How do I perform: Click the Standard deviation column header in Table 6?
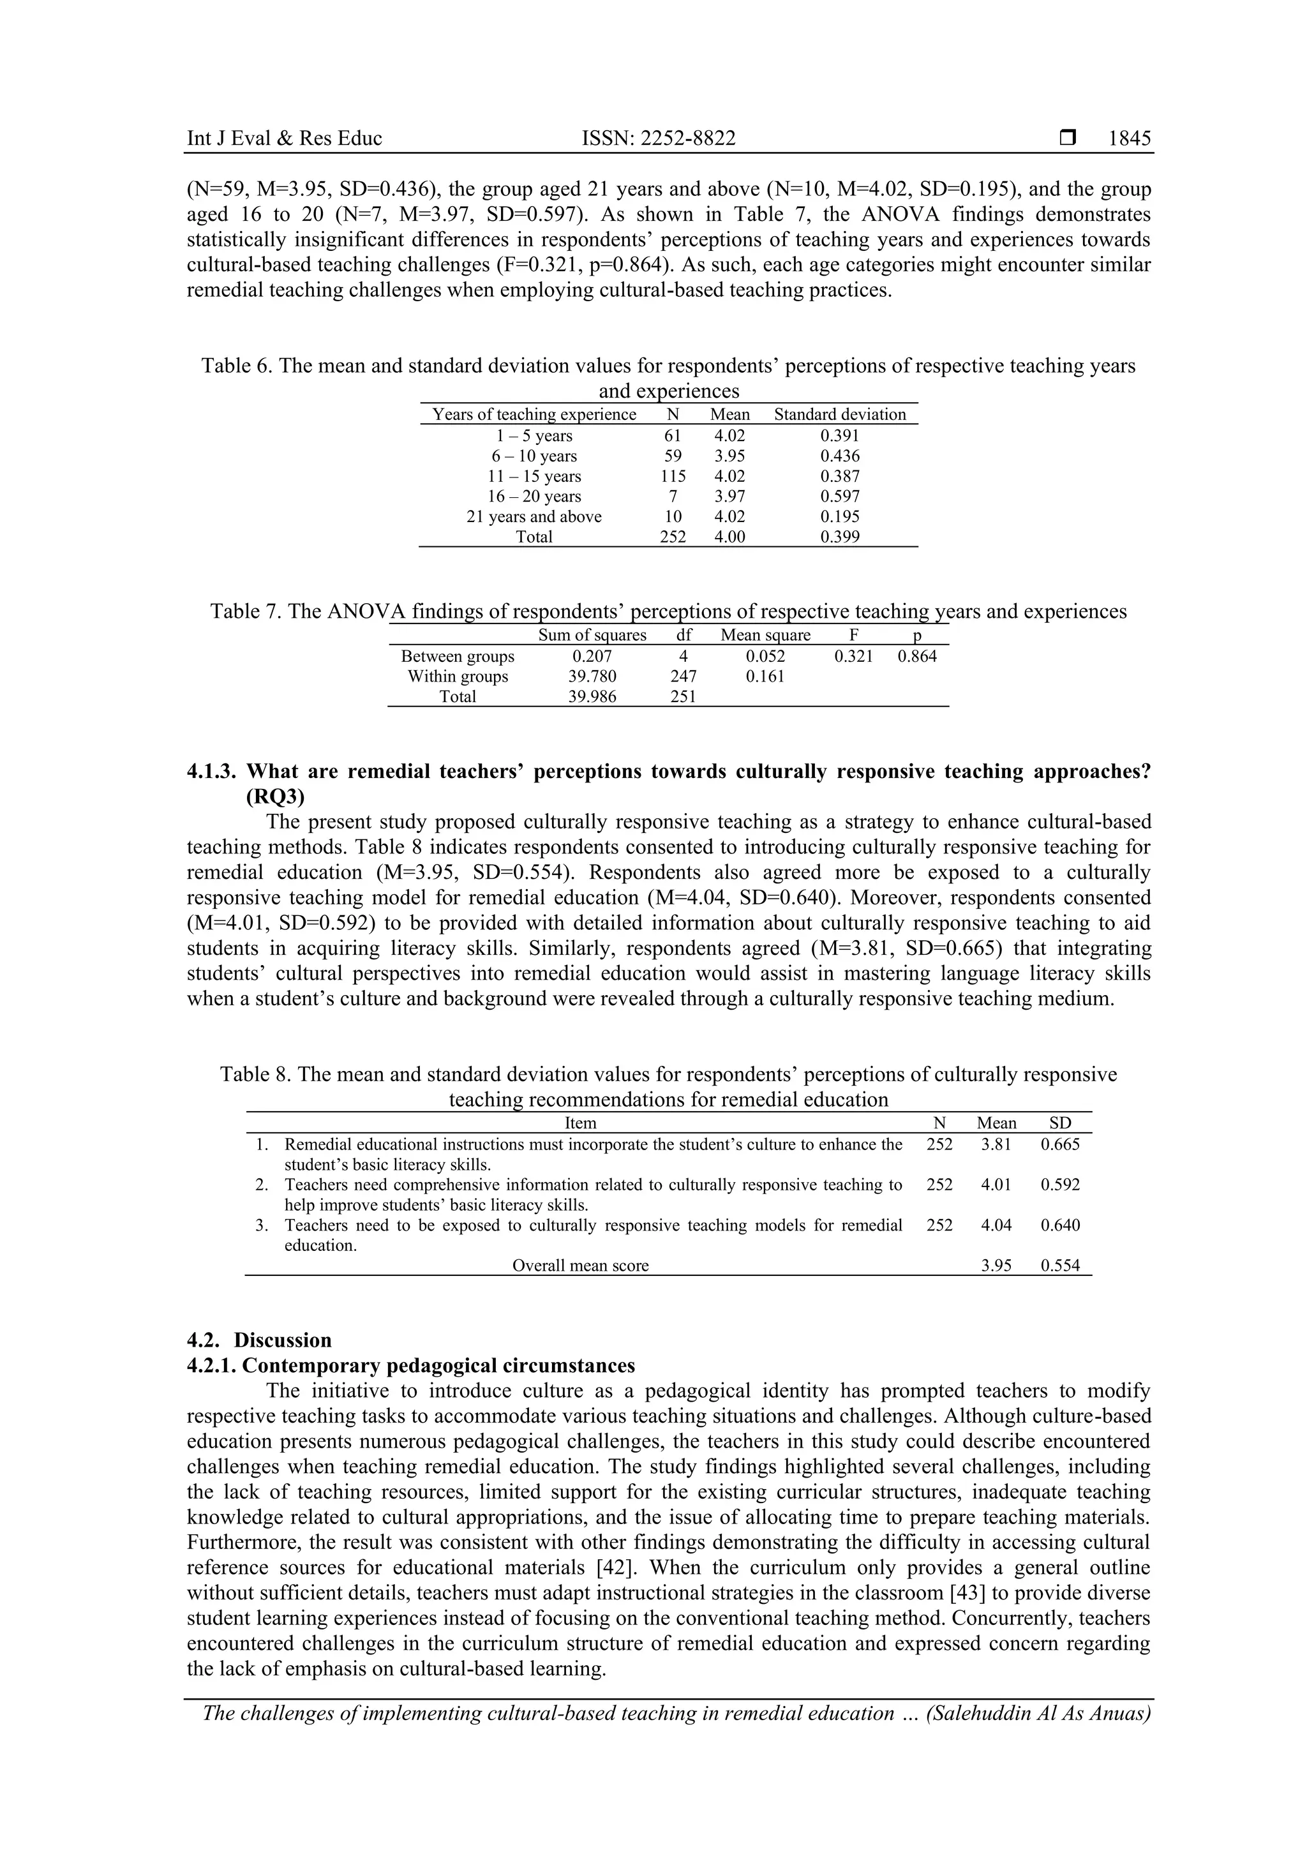(840, 415)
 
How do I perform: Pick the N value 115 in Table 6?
(673, 476)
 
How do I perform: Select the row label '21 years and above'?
(534, 517)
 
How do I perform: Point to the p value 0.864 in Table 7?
(917, 656)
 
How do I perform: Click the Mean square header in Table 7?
(765, 636)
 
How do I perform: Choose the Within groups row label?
(458, 677)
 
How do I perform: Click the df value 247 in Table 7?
(683, 677)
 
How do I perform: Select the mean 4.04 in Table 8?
(996, 1225)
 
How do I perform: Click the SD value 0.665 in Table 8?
(1060, 1144)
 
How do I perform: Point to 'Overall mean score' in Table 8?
(580, 1265)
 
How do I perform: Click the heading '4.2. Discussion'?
(259, 1340)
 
